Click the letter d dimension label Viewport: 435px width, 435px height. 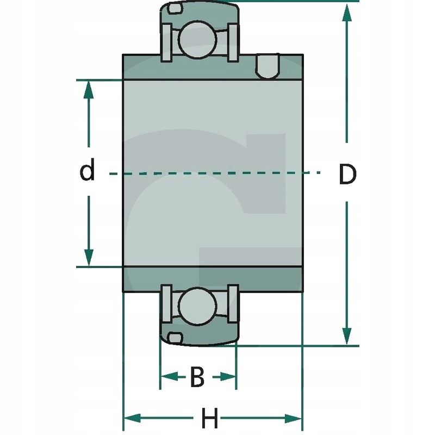(87, 170)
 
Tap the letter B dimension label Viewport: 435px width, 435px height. (197, 377)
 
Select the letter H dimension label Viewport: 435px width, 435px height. (210, 419)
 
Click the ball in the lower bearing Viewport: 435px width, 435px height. (198, 306)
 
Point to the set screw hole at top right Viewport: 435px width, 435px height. (268, 66)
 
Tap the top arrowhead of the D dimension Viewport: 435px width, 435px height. (346, 13)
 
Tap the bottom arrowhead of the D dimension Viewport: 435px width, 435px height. (346, 334)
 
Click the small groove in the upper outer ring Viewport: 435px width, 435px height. (175, 9)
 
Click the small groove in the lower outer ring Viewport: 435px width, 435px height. (175, 338)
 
